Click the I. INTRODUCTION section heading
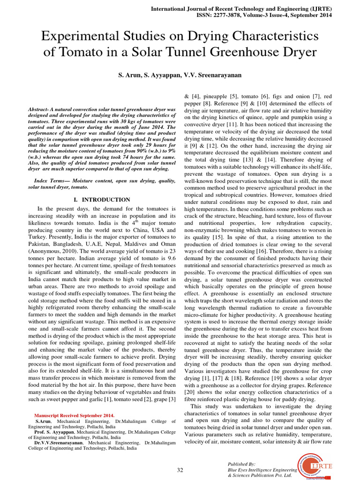(x=102, y=200)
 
